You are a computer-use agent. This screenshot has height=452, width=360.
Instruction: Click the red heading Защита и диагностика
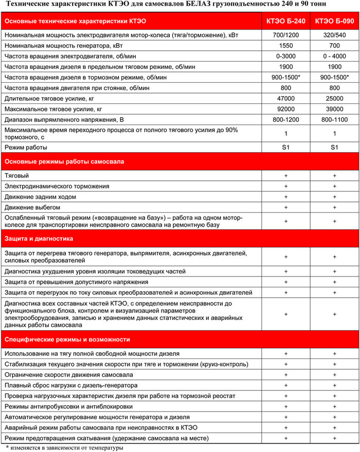tap(39, 239)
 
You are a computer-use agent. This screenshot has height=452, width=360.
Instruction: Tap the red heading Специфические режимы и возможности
tap(67, 339)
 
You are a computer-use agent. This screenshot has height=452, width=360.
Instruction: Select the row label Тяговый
tap(16, 175)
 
